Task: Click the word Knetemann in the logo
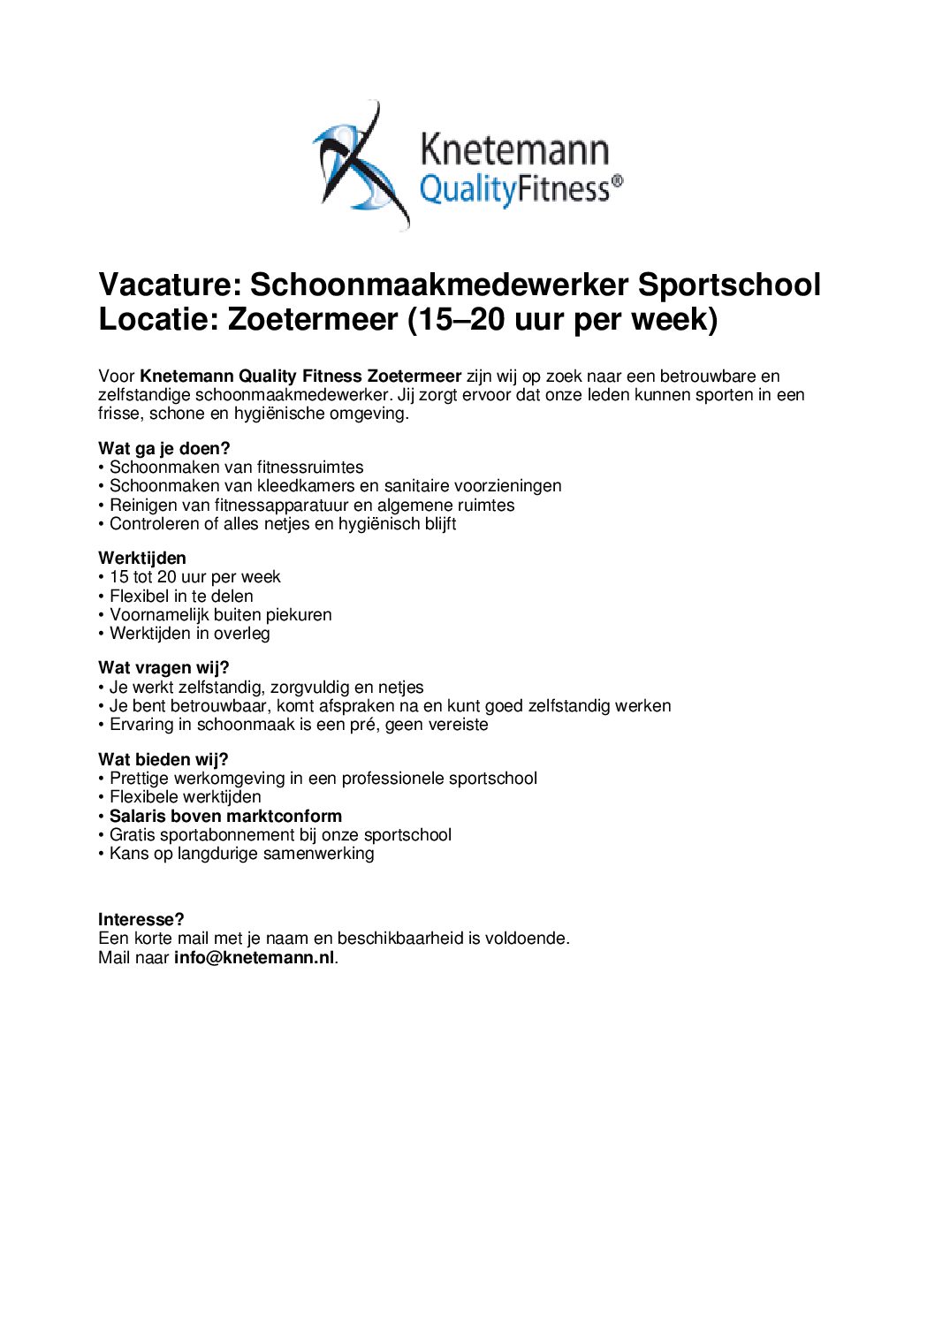514,149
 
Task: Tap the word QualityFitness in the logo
515,188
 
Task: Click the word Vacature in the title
168,285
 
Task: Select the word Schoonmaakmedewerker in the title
439,285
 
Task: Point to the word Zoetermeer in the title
313,319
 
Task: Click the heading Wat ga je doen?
163,448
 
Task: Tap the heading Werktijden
142,558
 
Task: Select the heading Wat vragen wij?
163,667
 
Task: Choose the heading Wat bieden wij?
163,759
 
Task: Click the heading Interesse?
141,919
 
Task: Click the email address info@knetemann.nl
255,957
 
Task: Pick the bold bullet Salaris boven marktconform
225,816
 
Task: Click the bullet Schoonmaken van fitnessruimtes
236,467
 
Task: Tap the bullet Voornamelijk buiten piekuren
220,614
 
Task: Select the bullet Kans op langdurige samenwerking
241,853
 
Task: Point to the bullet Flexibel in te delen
181,596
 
